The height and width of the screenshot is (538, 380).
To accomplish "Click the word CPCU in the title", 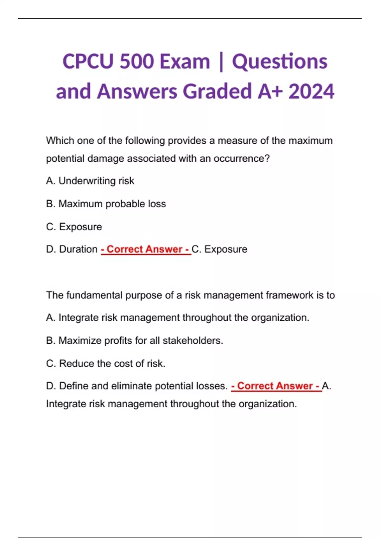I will (x=88, y=61).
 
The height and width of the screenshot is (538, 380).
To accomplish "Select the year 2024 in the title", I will (x=311, y=91).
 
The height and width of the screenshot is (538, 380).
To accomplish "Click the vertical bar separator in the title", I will (x=221, y=62).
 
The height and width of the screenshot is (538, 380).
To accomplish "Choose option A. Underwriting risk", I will (x=90, y=181).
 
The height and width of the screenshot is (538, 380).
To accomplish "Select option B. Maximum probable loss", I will (x=106, y=204).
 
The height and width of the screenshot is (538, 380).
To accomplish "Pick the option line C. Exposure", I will (x=74, y=227).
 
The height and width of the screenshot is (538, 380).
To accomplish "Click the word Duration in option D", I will (x=78, y=249).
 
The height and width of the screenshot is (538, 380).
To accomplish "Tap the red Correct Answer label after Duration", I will (x=146, y=249).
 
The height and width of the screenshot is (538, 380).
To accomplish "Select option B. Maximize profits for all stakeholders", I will (x=134, y=341).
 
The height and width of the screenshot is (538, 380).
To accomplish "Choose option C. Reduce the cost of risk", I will (x=105, y=363).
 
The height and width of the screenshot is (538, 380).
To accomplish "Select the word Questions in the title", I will (x=280, y=61).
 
